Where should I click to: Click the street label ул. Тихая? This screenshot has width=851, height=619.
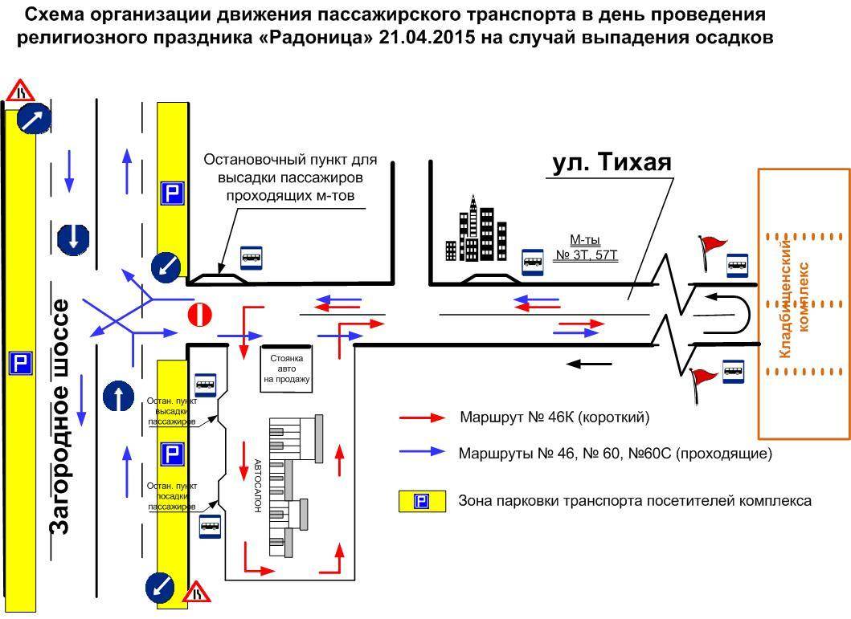[x=612, y=163]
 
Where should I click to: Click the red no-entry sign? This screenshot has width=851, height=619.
[x=199, y=315]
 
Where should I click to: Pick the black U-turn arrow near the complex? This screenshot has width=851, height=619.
[x=726, y=314]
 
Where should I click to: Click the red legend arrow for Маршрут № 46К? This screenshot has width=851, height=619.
[x=422, y=417]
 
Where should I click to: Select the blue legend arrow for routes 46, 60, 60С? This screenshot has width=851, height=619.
[x=422, y=452]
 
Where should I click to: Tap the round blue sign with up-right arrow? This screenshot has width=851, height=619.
[x=35, y=119]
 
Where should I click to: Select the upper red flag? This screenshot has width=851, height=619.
[x=710, y=244]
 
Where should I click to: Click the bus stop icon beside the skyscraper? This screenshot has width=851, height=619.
[x=532, y=261]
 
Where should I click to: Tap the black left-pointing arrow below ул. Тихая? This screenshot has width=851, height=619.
[x=589, y=364]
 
